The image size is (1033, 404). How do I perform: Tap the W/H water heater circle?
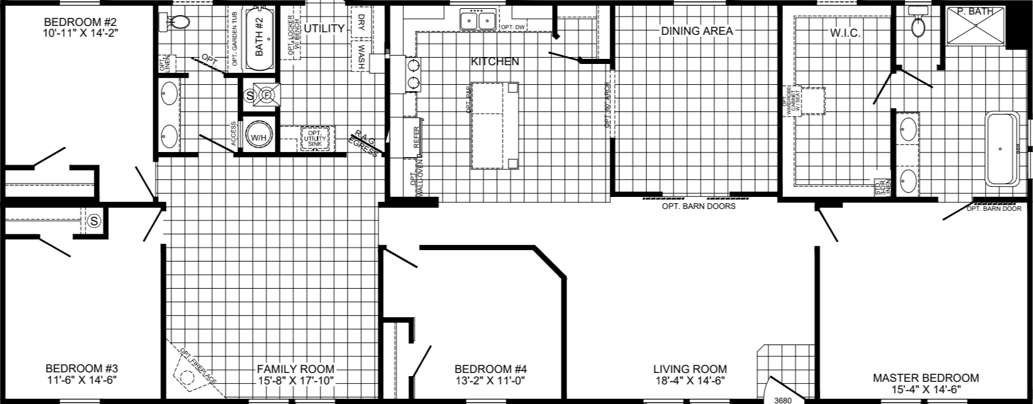pyautogui.click(x=258, y=137)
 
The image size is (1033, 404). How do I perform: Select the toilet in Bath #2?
pyautogui.click(x=180, y=22)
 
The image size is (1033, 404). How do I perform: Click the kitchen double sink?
pyautogui.click(x=478, y=21)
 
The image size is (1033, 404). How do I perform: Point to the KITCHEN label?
pyautogui.click(x=494, y=61)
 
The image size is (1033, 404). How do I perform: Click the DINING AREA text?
pyautogui.click(x=697, y=30)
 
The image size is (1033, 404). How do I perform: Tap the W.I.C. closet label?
pyautogui.click(x=844, y=33)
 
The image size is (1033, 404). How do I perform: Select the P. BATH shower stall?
pyautogui.click(x=975, y=25)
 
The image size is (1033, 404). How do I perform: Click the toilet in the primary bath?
pyautogui.click(x=918, y=24)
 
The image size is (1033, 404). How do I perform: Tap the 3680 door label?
pyautogui.click(x=784, y=400)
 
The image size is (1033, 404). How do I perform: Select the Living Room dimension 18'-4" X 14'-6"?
pyautogui.click(x=690, y=381)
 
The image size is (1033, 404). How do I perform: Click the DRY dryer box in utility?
pyautogui.click(x=361, y=20)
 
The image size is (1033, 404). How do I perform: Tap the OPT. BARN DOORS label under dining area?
pyautogui.click(x=699, y=206)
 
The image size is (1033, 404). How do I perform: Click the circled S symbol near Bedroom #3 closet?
pyautogui.click(x=94, y=221)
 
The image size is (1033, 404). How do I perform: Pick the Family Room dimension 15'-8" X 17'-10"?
pyautogui.click(x=296, y=381)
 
